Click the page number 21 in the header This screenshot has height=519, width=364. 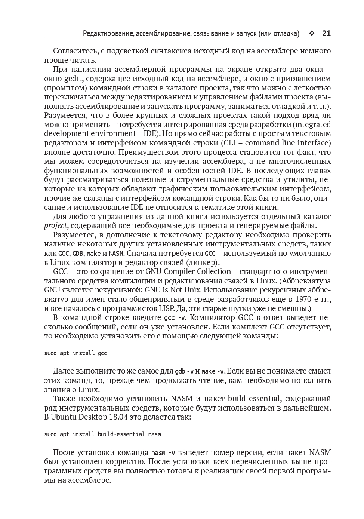(326, 34)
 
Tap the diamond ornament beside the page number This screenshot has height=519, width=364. (312, 34)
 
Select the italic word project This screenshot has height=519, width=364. (55, 225)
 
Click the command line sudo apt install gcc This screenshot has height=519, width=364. (75, 353)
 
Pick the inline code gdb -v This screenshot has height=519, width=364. (184, 371)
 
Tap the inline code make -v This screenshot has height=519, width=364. (213, 371)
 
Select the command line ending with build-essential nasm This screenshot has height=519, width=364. (102, 434)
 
